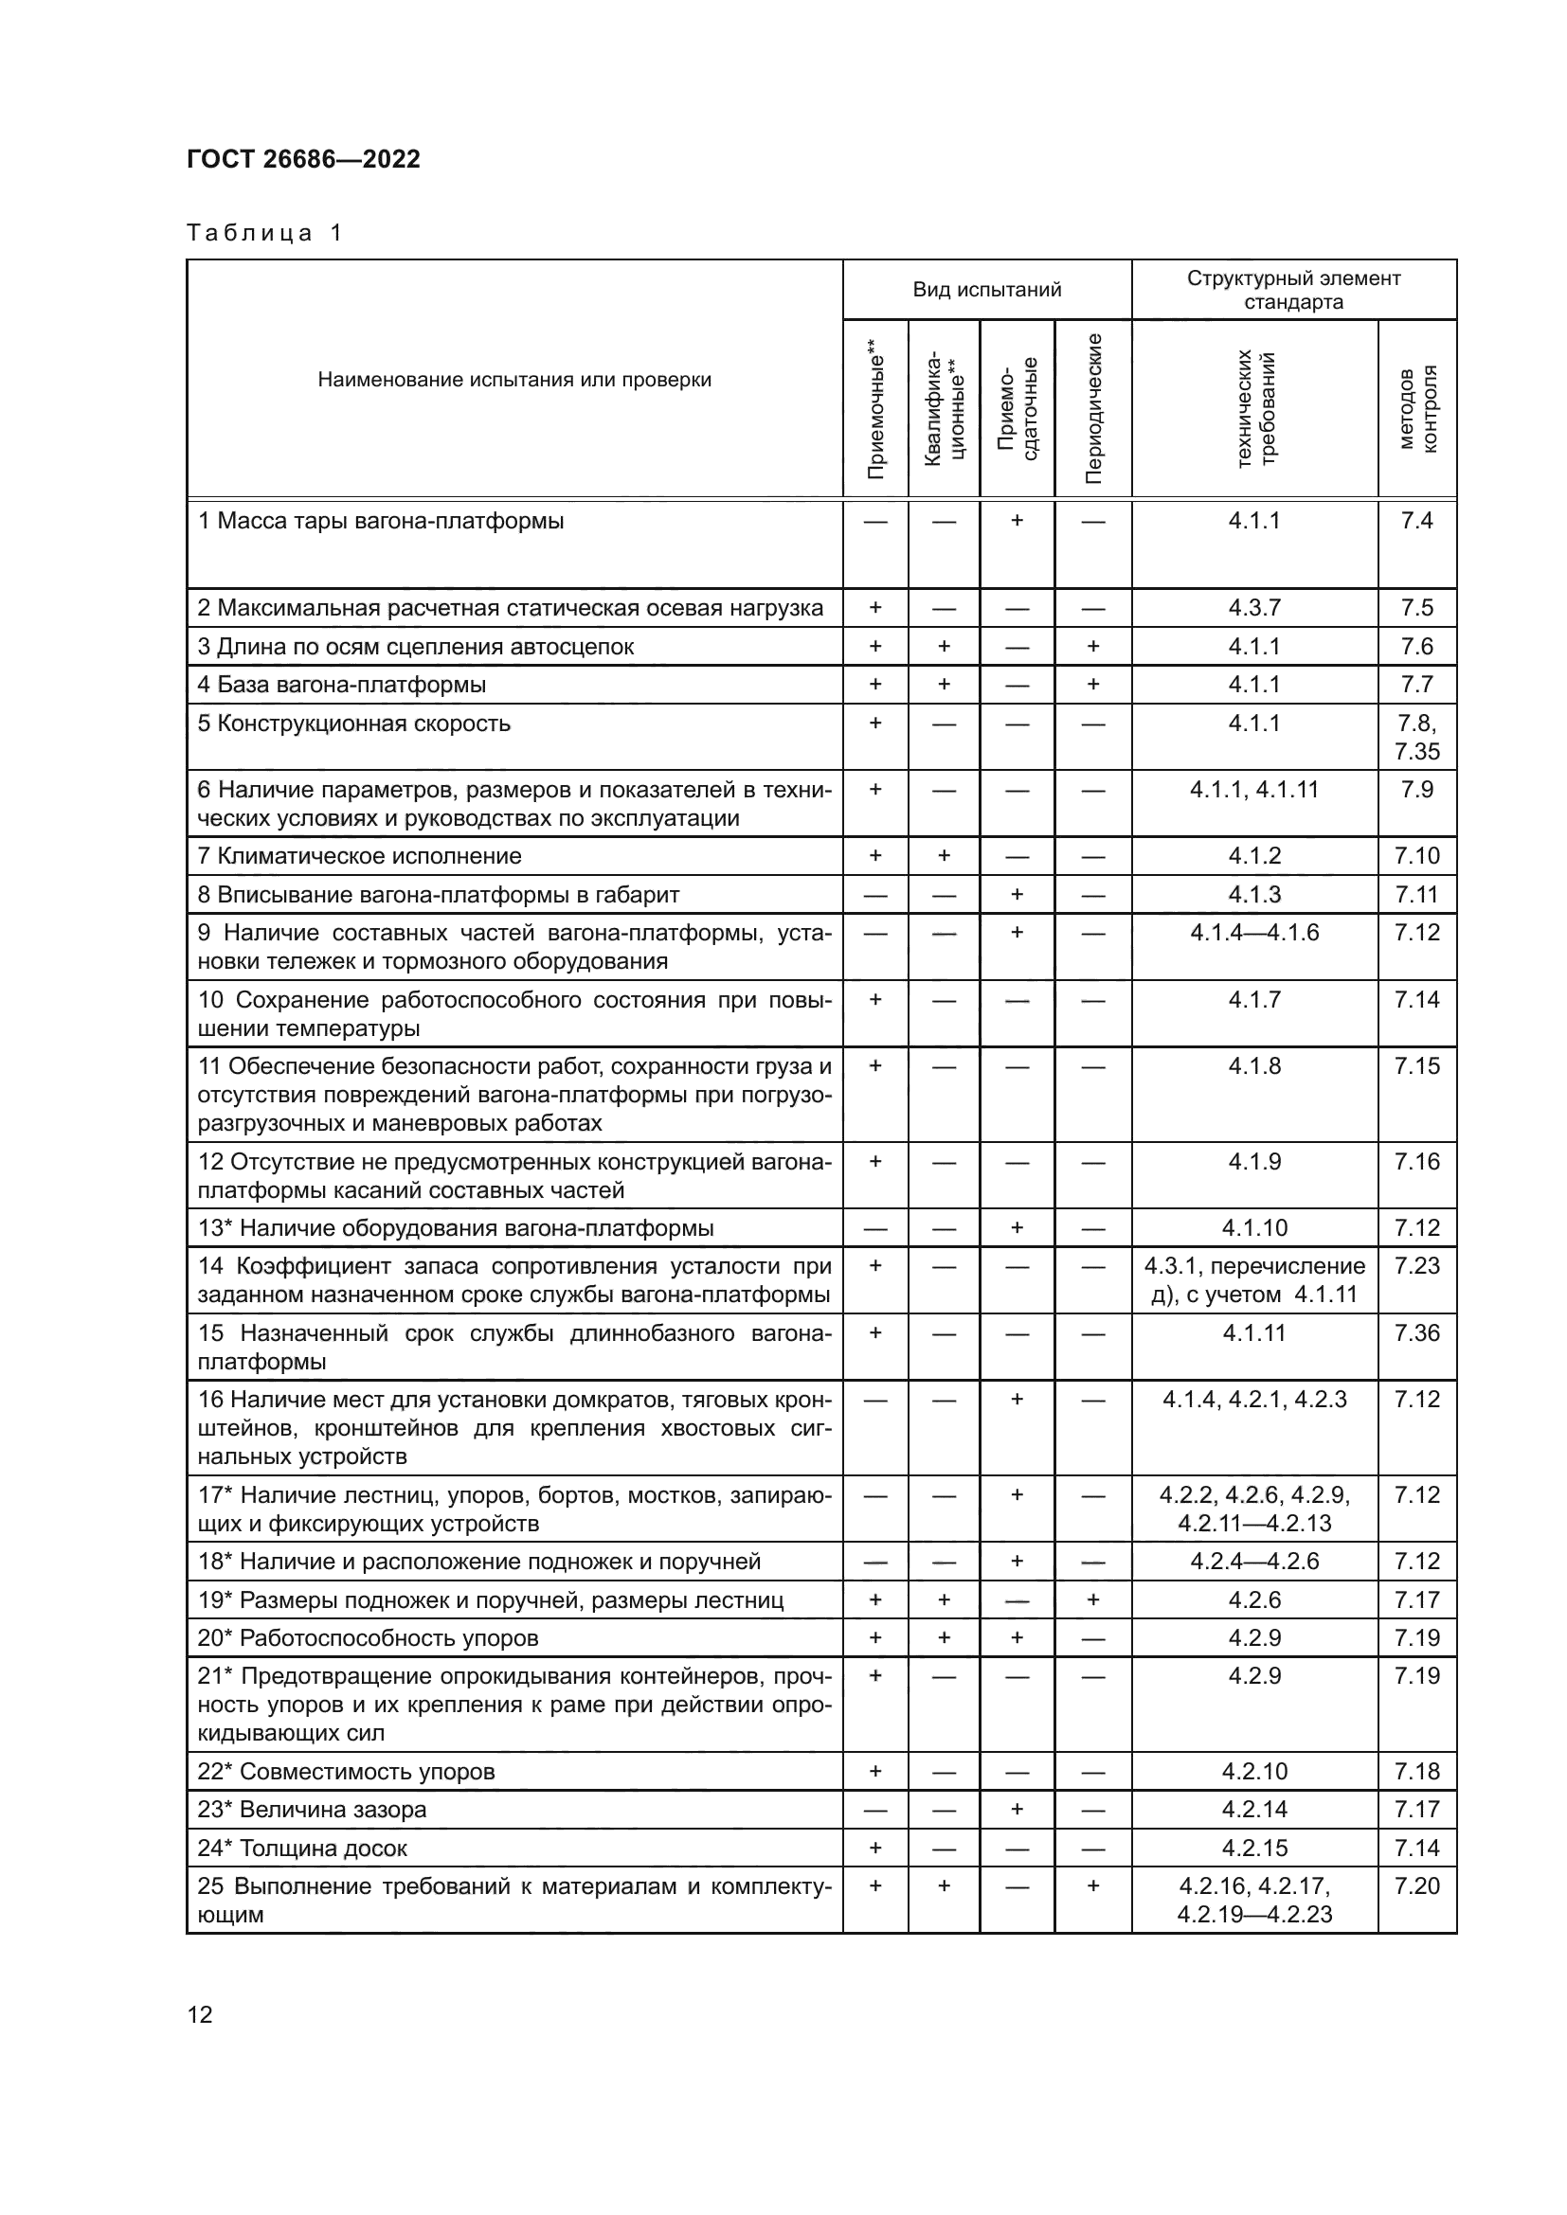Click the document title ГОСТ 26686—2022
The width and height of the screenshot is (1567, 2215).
[x=303, y=159]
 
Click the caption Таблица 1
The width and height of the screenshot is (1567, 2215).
[x=264, y=233]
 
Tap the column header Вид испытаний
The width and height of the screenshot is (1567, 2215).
[x=986, y=290]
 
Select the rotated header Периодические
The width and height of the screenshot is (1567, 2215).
[x=1093, y=408]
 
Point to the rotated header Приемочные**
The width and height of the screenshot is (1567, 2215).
[x=875, y=408]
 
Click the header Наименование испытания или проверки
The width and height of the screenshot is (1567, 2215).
[x=514, y=380]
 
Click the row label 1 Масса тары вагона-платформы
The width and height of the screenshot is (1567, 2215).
[x=381, y=522]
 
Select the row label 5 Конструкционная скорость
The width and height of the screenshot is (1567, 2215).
[x=354, y=723]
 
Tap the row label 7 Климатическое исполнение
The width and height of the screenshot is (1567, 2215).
[x=359, y=856]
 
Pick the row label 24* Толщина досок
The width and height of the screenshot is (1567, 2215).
[x=302, y=1848]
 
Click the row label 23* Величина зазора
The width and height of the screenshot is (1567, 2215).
[x=312, y=1809]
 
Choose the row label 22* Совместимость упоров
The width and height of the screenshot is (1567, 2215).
[x=346, y=1771]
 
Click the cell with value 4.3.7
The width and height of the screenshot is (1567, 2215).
[x=1253, y=608]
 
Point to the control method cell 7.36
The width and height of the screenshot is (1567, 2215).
[x=1416, y=1333]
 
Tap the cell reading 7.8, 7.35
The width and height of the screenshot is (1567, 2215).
[x=1416, y=737]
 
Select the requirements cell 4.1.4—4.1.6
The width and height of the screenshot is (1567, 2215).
[x=1253, y=933]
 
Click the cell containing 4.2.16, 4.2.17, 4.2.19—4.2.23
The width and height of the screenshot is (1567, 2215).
[x=1253, y=1900]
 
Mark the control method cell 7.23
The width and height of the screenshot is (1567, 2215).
[x=1416, y=1266]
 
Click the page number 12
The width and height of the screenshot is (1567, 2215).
[x=200, y=2014]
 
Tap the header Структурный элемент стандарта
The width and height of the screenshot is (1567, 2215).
[x=1293, y=290]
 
